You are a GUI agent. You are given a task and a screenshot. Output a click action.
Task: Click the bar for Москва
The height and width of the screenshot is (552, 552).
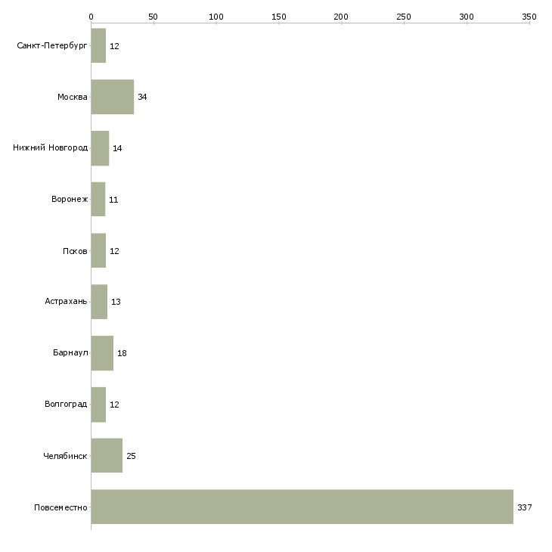click(113, 97)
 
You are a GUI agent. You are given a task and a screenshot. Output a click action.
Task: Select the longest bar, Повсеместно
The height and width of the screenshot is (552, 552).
click(302, 507)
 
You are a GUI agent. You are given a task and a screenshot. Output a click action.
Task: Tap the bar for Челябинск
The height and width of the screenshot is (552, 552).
click(107, 455)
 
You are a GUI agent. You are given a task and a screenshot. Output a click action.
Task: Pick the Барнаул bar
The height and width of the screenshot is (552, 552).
click(102, 353)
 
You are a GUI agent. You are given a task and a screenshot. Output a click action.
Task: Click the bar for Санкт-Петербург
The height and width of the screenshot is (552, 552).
click(98, 46)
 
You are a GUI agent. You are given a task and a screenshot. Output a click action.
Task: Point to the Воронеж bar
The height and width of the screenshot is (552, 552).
click(98, 200)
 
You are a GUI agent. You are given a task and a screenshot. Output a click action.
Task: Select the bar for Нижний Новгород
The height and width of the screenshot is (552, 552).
click(101, 148)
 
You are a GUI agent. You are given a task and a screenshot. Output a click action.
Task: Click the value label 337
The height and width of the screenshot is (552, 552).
click(525, 507)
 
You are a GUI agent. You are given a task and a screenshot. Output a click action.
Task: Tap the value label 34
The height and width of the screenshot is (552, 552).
click(142, 97)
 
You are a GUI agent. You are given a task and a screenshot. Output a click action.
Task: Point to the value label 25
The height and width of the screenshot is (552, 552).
click(131, 456)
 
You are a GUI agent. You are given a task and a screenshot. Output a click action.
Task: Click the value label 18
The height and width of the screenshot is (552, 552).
click(122, 353)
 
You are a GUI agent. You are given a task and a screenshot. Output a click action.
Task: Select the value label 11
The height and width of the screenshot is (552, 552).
click(113, 200)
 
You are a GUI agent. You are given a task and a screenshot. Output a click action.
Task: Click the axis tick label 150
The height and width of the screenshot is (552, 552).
click(279, 17)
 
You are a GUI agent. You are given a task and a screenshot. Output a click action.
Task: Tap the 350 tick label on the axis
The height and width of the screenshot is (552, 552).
click(529, 17)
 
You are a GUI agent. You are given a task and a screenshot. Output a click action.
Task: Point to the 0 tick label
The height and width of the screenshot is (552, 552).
click(91, 17)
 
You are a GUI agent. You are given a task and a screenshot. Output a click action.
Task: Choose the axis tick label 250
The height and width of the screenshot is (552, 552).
click(404, 17)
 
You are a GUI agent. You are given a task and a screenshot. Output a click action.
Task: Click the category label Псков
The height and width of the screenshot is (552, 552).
click(75, 251)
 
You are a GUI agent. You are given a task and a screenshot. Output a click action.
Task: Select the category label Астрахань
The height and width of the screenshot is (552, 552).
click(66, 302)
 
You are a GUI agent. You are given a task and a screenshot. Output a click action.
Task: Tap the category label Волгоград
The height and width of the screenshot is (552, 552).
click(66, 404)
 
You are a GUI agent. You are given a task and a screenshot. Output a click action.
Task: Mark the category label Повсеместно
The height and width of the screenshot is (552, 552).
click(60, 507)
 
